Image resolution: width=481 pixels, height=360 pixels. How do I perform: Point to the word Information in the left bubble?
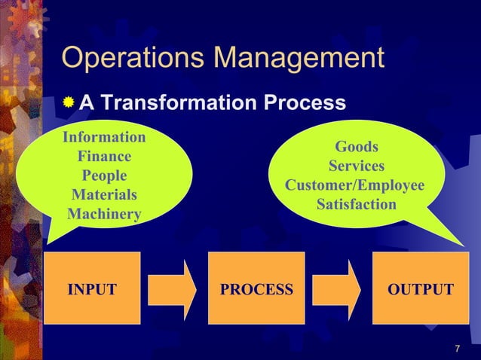[x=104, y=138]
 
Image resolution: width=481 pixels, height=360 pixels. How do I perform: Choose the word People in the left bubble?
[x=104, y=176]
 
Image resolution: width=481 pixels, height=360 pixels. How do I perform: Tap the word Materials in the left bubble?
[x=104, y=196]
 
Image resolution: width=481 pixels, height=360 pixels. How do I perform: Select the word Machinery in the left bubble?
[x=104, y=215]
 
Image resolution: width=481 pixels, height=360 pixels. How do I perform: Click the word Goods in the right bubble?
[x=357, y=147]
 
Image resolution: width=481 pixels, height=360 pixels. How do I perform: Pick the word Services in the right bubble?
[x=357, y=166]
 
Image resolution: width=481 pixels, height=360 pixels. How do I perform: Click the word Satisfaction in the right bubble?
[x=357, y=205]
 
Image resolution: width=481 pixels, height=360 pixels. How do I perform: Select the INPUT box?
[x=92, y=289]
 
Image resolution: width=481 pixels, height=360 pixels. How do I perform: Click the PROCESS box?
[x=256, y=289]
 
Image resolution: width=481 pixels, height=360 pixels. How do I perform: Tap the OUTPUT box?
[x=421, y=289]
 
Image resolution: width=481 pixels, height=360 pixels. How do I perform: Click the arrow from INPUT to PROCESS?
[x=172, y=289]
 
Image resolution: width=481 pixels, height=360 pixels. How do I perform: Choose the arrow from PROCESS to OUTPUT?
[x=336, y=289]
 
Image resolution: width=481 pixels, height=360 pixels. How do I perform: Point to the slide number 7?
[x=458, y=349]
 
